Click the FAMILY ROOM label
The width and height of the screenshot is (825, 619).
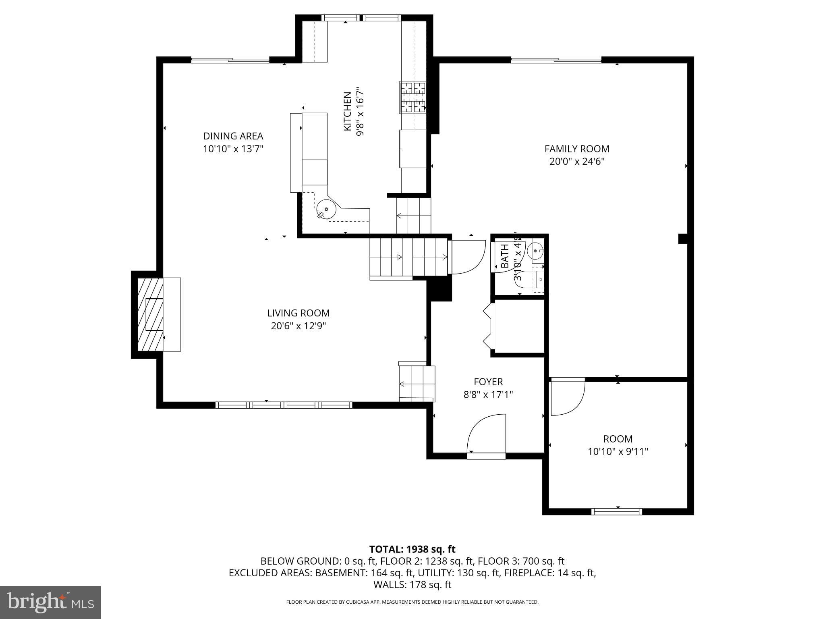pyautogui.click(x=577, y=149)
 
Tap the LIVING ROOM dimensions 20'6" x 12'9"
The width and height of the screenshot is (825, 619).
pyautogui.click(x=298, y=326)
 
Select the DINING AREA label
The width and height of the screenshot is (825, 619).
pyautogui.click(x=233, y=136)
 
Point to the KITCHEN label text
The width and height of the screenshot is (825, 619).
pyautogui.click(x=347, y=111)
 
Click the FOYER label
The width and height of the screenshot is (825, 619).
pyautogui.click(x=488, y=381)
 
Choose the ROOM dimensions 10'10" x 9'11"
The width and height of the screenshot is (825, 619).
pyautogui.click(x=618, y=451)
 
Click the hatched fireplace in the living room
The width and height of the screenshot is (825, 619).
pyautogui.click(x=150, y=314)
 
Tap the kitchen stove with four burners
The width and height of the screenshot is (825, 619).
pyautogui.click(x=413, y=97)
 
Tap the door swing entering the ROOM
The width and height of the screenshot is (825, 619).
pyautogui.click(x=567, y=397)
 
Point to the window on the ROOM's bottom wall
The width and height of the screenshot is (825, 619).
pyautogui.click(x=616, y=511)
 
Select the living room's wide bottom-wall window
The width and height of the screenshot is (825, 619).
pyautogui.click(x=284, y=405)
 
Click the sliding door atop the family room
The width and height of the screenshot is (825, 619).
pyautogui.click(x=556, y=60)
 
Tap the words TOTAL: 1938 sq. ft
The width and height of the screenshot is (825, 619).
pyautogui.click(x=412, y=549)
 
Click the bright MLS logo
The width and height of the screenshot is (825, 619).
pyautogui.click(x=50, y=602)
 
